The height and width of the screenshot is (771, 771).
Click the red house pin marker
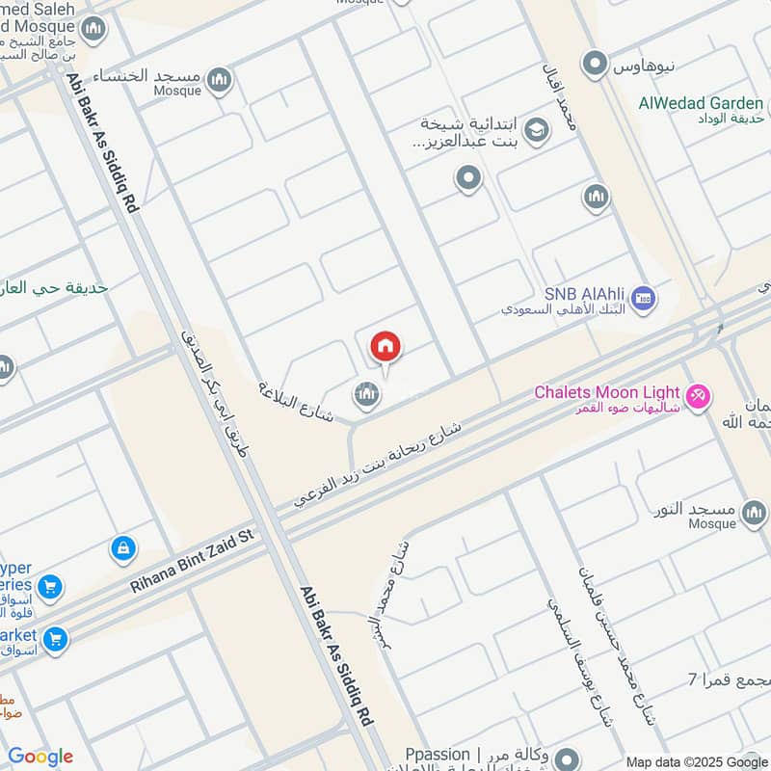tap(385, 347)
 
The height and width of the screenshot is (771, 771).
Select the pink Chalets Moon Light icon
tap(698, 394)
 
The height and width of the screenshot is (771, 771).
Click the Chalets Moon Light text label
tap(607, 394)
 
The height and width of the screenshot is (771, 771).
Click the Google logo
tap(40, 757)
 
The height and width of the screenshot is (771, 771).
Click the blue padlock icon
tap(122, 548)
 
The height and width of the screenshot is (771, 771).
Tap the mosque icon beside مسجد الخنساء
tap(220, 78)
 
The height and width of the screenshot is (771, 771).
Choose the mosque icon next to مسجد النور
tap(754, 515)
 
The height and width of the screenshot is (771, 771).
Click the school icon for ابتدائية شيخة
tap(538, 130)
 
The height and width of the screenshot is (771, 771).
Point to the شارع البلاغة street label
tap(294, 402)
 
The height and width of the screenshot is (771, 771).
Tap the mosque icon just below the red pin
tap(365, 393)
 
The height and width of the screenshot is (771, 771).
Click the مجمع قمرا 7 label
tap(724, 678)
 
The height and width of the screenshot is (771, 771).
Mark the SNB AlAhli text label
tap(585, 294)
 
